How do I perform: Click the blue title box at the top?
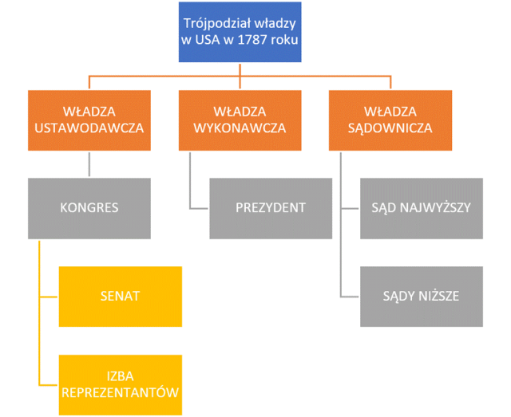coord(240,32)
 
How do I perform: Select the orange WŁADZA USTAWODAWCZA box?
coord(89,120)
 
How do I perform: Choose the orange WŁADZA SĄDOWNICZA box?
coord(390,120)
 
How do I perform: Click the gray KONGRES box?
coord(89,208)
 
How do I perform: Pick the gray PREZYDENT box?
coord(271,208)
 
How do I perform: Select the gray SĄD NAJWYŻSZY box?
coord(421,208)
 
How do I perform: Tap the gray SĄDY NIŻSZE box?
coord(421,297)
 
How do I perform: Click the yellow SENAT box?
coord(121,296)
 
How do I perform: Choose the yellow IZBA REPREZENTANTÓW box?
coord(121,384)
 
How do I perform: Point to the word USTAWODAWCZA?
coord(89,128)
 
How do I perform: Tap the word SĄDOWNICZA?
coord(390,128)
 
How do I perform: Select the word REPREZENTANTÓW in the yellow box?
coord(121,393)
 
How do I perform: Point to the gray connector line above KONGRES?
coord(89,163)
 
